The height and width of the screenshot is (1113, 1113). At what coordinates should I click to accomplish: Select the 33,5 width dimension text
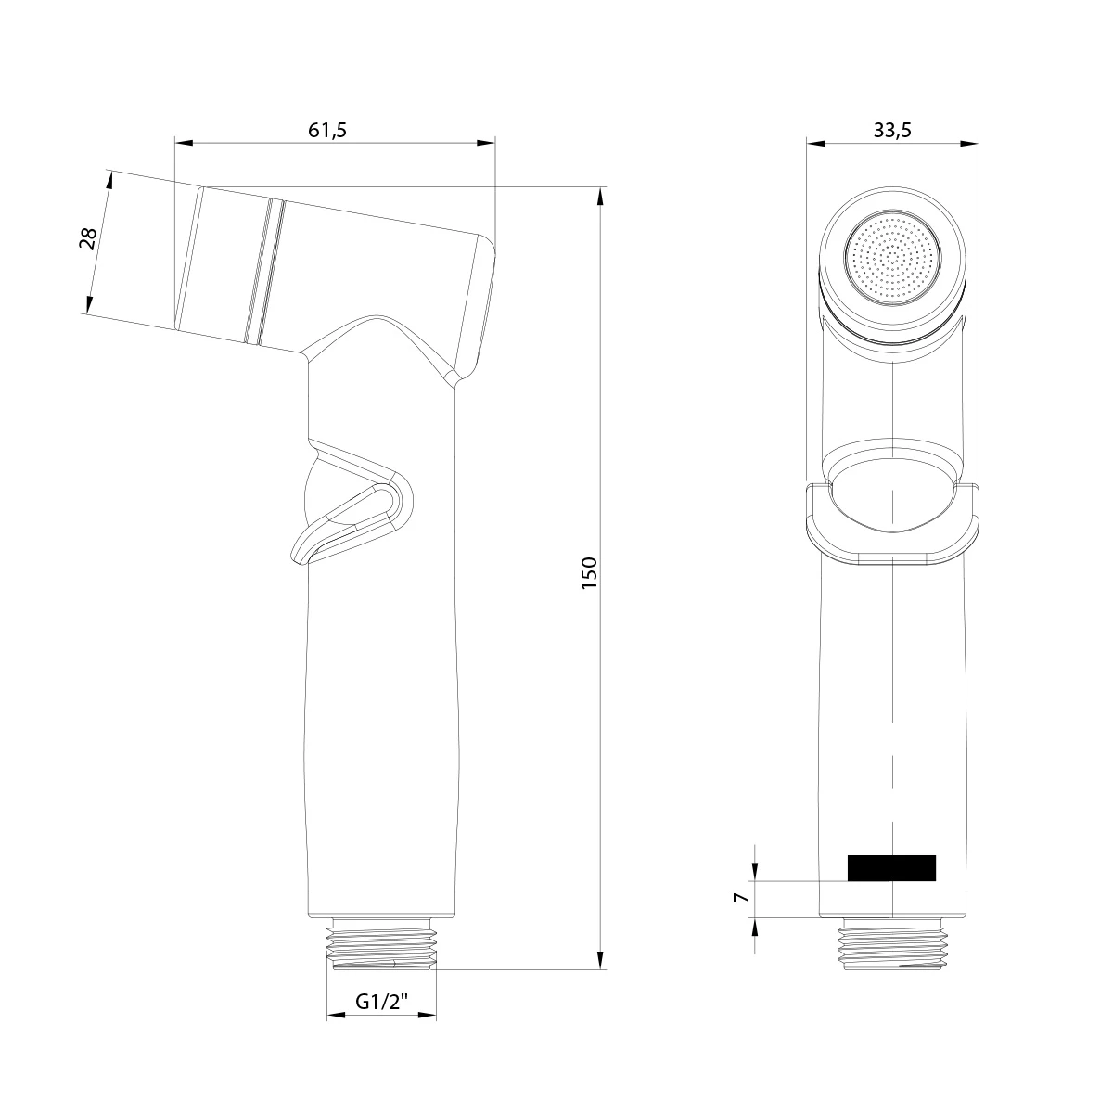click(x=892, y=130)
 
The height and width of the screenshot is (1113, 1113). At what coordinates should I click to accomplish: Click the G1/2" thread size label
click(x=382, y=1002)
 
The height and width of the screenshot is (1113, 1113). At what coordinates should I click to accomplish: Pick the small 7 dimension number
click(x=740, y=899)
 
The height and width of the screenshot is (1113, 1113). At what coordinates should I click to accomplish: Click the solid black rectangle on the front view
click(x=891, y=867)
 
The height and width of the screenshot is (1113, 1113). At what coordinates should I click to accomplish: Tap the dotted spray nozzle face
click(x=892, y=259)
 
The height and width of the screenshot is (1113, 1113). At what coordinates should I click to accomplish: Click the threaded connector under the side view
click(x=383, y=944)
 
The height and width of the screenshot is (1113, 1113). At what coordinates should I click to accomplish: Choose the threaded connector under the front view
click(x=891, y=946)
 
